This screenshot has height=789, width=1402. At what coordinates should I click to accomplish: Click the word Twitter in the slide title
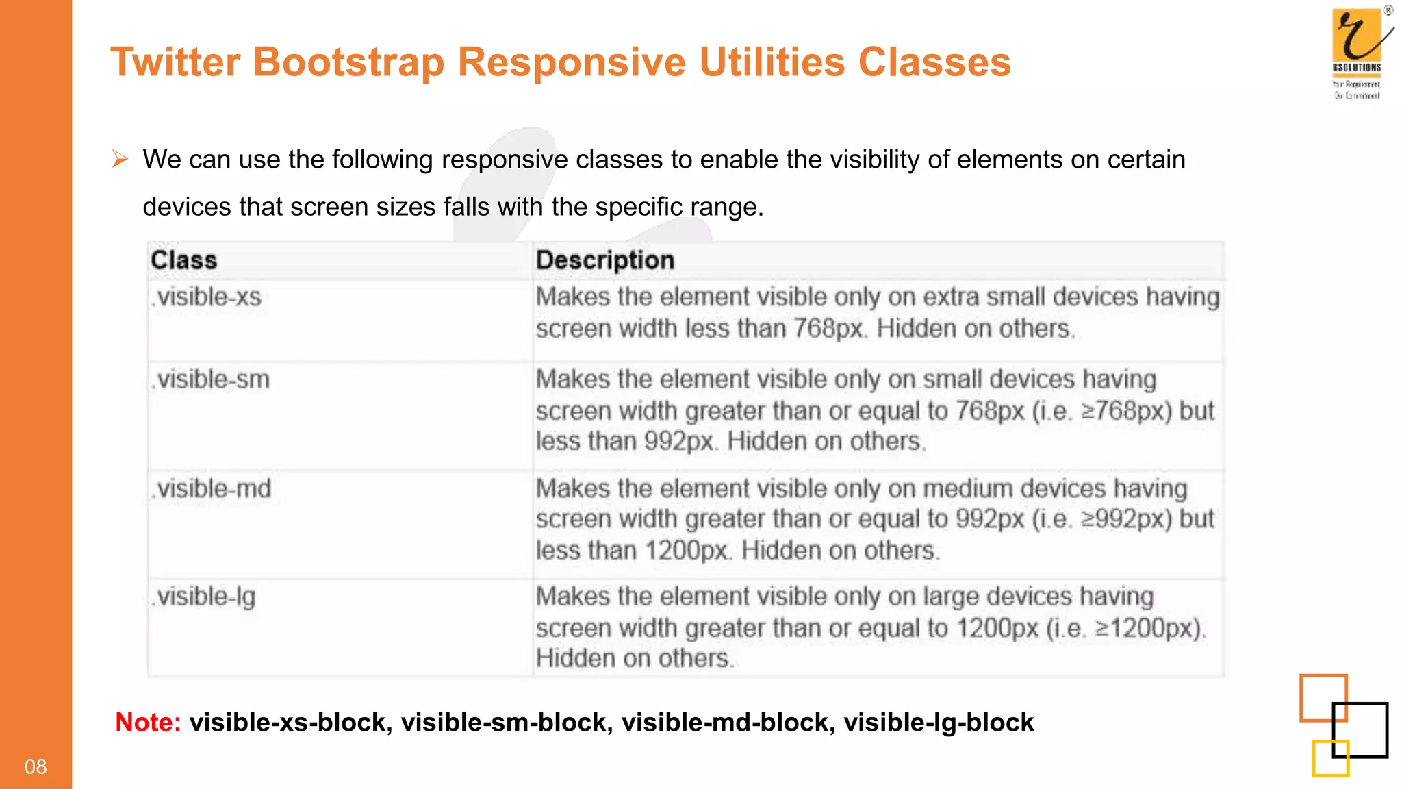click(x=175, y=62)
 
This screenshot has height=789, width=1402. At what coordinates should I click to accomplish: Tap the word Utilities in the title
click(x=772, y=62)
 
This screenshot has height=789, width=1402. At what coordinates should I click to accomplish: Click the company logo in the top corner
click(x=1358, y=52)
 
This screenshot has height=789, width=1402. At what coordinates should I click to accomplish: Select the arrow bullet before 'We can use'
click(x=120, y=160)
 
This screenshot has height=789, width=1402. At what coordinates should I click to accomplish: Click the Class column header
click(x=183, y=260)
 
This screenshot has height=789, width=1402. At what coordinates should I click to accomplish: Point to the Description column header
click(x=604, y=260)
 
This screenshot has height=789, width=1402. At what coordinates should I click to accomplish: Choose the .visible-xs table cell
click(x=207, y=297)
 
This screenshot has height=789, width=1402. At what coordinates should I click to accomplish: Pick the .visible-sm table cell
click(x=211, y=379)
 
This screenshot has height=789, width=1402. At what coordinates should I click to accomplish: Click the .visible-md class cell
click(x=212, y=489)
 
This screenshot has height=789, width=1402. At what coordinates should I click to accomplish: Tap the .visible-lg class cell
click(x=204, y=597)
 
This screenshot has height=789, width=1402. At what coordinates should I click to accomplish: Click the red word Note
click(x=147, y=722)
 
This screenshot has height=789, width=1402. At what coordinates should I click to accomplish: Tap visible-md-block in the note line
click(x=728, y=722)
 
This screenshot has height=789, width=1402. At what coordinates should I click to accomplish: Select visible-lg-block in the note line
click(x=938, y=722)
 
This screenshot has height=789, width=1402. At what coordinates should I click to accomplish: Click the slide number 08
click(x=36, y=766)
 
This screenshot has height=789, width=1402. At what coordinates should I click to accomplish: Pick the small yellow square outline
click(x=1330, y=758)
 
